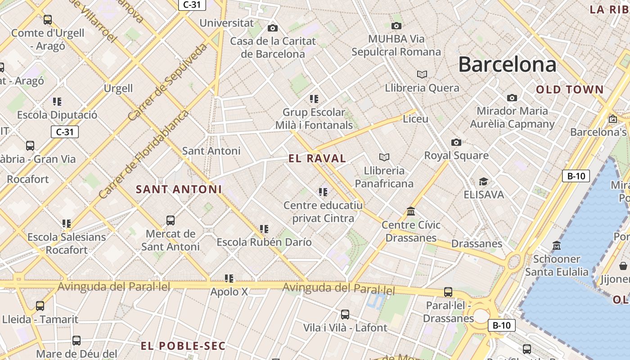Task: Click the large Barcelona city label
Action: (x=507, y=65)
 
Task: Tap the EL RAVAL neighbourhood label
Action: (x=317, y=158)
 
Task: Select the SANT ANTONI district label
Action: (x=179, y=189)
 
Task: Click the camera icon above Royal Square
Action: (x=456, y=142)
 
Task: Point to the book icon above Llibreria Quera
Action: (x=422, y=74)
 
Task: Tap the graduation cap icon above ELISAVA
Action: (x=483, y=181)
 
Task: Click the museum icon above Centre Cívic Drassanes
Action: (x=410, y=211)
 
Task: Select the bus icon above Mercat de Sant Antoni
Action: (x=171, y=220)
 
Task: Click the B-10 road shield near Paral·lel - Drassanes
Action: (x=501, y=325)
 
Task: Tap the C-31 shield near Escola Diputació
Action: (x=65, y=132)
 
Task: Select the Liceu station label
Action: (x=415, y=119)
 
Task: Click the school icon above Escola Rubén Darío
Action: (x=264, y=229)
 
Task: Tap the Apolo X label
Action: (x=229, y=292)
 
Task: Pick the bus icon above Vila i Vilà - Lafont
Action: (x=345, y=314)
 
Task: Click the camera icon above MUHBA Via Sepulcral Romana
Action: (x=396, y=26)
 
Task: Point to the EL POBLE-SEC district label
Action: (x=183, y=346)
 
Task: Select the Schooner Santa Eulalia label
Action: (x=557, y=265)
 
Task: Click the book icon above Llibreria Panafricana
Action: (x=384, y=157)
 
